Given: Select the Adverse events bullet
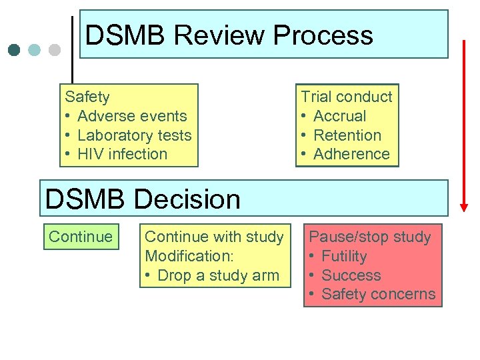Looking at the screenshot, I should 132,116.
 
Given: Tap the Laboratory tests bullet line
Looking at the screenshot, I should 134,135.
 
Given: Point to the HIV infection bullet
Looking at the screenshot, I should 122,154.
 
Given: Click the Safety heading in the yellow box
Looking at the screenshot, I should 87,97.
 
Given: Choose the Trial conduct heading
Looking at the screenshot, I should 347,97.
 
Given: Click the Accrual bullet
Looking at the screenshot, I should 339,116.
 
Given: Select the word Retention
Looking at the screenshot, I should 347,135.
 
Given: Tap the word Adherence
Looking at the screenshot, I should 351,154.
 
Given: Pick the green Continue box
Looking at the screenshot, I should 81,237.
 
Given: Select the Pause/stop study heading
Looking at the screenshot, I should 370,237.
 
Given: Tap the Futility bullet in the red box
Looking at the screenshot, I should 344,256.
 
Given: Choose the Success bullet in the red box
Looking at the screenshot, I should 351,275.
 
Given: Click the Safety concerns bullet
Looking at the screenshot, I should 378,294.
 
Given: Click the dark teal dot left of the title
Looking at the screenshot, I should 15,50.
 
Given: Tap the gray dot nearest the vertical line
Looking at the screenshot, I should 55,50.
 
